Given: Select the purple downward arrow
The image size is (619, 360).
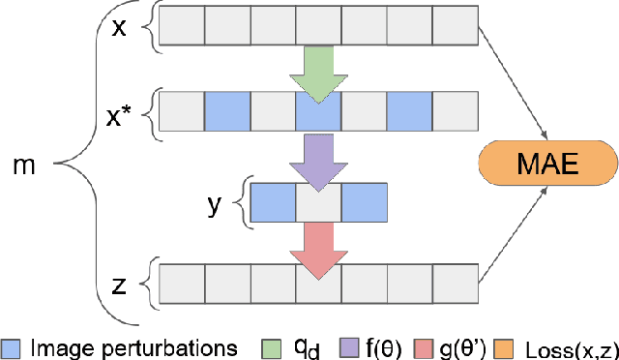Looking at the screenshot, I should [x=318, y=154].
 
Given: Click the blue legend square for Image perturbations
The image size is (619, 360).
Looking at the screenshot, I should [x=12, y=345].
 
